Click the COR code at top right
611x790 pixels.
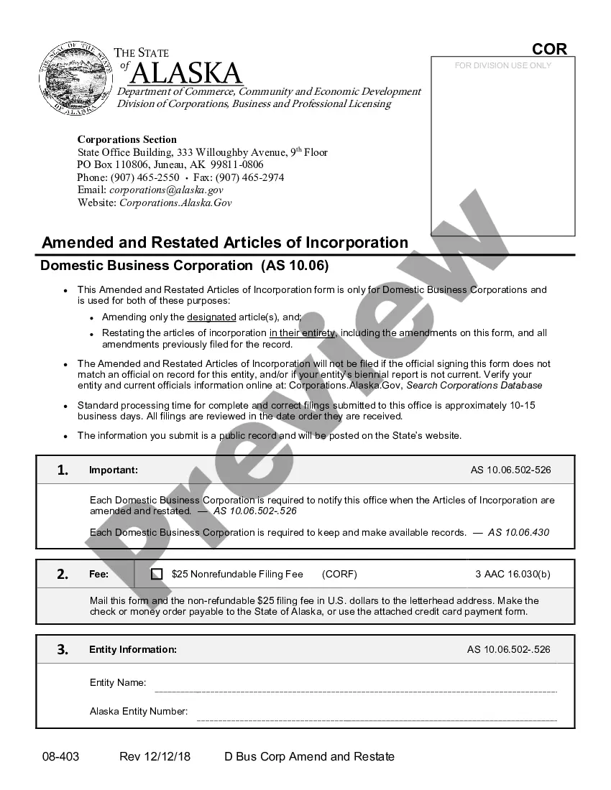[549, 49]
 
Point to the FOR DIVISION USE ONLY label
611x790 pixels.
[503, 65]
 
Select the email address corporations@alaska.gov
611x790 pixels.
[166, 190]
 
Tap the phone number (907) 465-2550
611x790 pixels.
[145, 177]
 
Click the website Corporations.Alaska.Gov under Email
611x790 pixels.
[175, 203]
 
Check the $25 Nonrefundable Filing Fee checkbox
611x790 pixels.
[157, 574]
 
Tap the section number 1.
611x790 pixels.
[63, 470]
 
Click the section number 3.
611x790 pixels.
[63, 649]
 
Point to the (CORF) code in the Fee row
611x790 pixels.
[339, 574]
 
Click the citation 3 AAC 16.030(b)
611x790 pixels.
[513, 574]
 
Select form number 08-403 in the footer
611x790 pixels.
[60, 756]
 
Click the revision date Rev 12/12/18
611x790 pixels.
[155, 756]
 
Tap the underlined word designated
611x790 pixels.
[211, 317]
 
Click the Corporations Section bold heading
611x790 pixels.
[127, 139]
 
